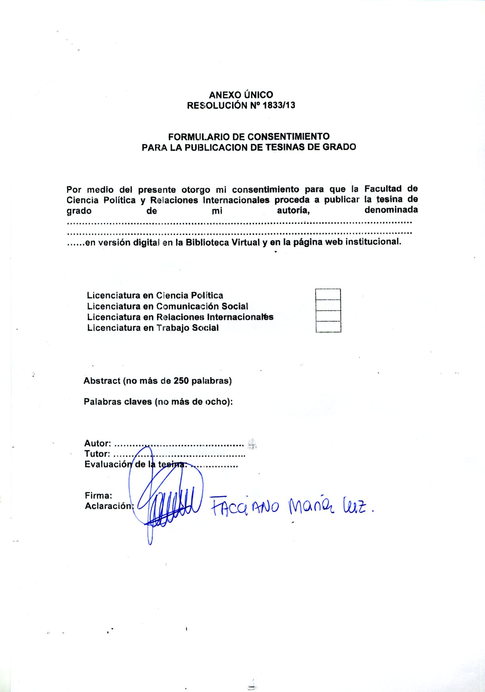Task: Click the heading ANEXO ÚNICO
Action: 241,95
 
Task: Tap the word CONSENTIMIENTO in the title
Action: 288,137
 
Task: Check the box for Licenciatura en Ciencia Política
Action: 328,294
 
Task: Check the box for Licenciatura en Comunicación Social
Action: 328,305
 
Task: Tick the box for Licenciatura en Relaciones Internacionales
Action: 328,316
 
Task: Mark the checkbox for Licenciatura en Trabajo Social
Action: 328,327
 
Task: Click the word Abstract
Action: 102,381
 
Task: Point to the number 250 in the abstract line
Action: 181,381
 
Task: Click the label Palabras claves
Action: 118,402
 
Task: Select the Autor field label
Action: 97,444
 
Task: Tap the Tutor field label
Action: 97,454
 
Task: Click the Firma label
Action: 98,496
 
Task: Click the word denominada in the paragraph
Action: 391,210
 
